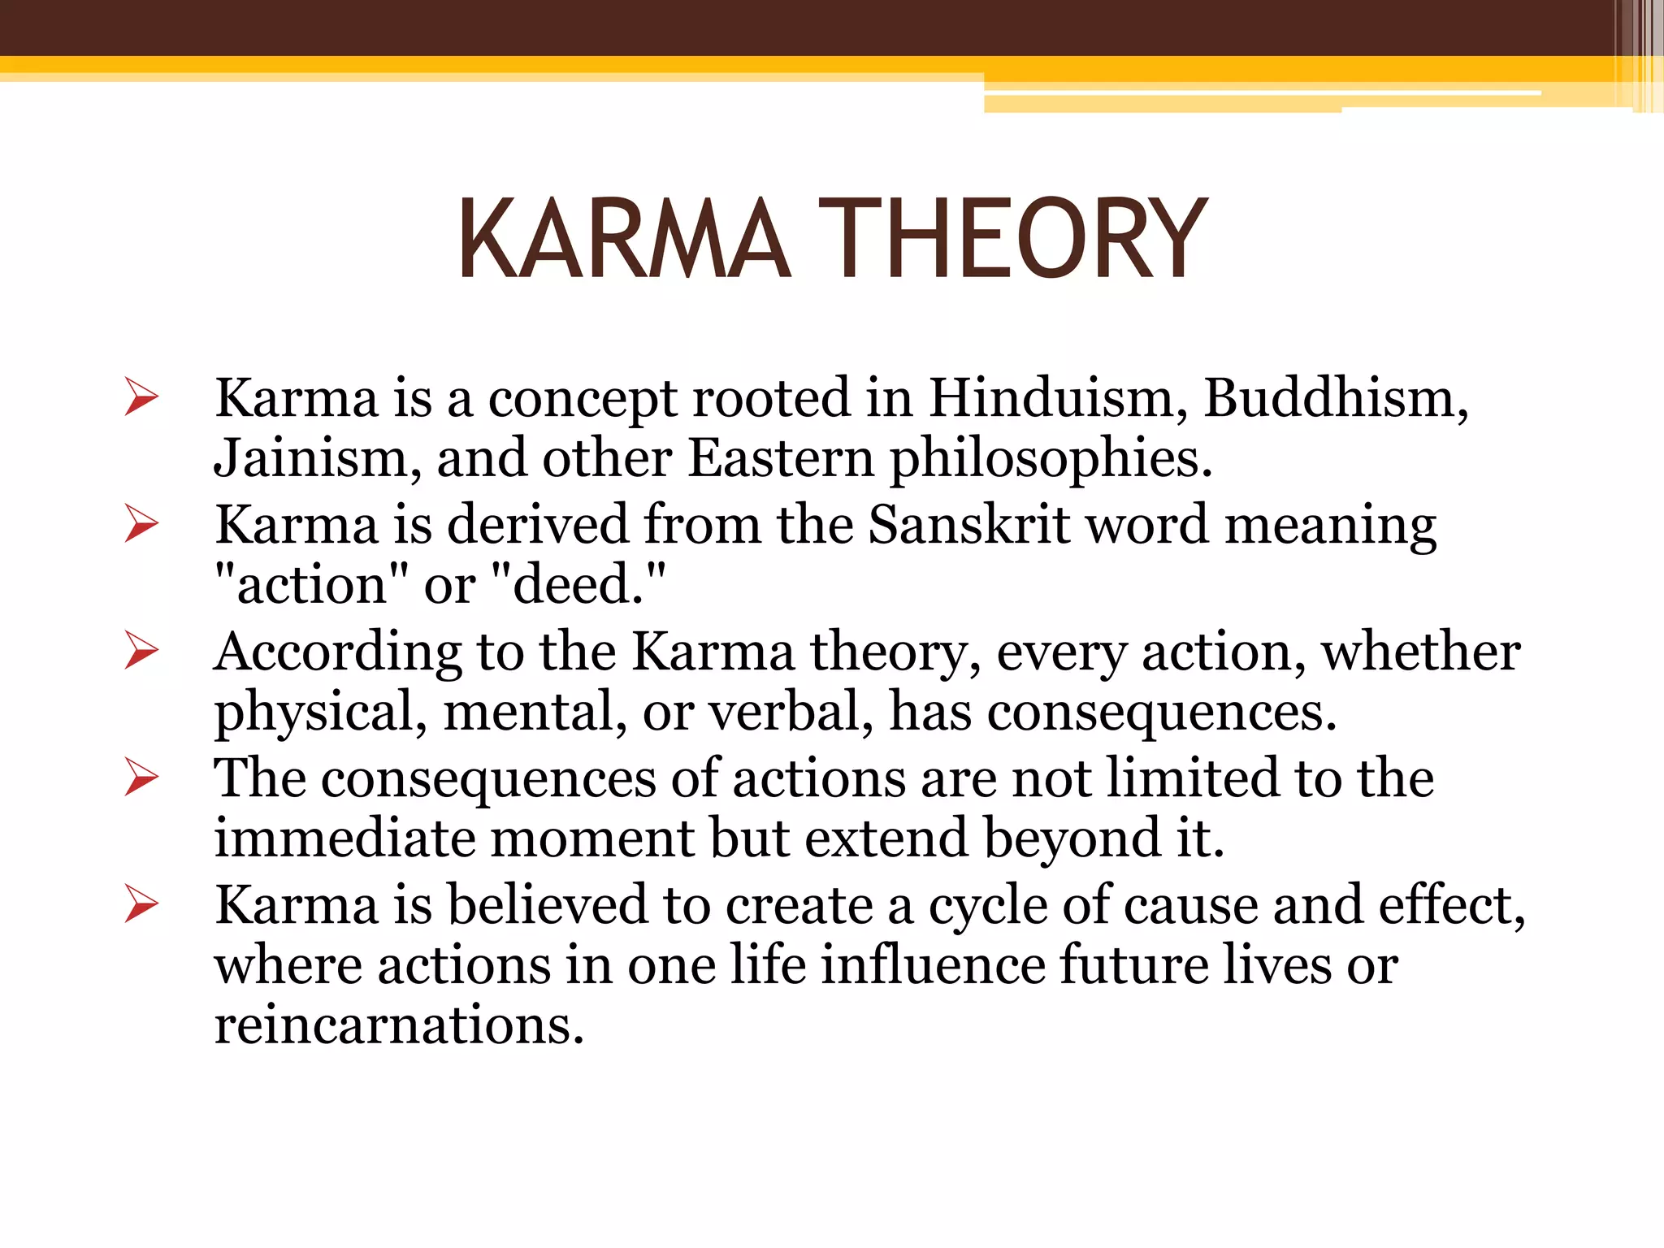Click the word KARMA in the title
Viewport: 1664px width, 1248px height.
(x=623, y=240)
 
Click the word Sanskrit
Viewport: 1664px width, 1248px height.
(x=968, y=525)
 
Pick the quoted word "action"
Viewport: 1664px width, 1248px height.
(x=310, y=585)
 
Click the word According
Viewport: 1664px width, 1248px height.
(x=337, y=652)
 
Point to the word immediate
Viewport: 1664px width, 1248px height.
(x=344, y=838)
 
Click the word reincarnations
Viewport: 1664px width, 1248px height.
(x=399, y=1025)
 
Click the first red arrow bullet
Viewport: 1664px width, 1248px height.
(x=141, y=397)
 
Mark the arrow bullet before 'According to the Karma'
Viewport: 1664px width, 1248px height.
(x=141, y=651)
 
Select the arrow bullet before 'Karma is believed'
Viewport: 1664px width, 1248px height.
(x=141, y=904)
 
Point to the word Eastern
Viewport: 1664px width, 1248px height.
(x=781, y=459)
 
